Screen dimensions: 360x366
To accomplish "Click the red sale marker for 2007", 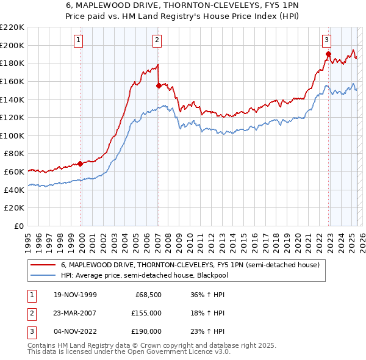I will click(x=159, y=86).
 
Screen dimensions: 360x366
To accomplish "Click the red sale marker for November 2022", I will click(x=328, y=54).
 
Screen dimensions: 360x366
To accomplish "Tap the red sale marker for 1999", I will click(x=81, y=164).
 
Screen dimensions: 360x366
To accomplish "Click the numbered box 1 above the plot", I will click(x=79, y=40).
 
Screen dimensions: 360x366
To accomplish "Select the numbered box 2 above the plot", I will click(x=157, y=40).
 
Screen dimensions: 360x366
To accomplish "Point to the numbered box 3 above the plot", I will click(x=327, y=40).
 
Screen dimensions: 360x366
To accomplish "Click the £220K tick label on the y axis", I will click(x=12, y=27).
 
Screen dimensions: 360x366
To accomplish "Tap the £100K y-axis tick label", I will click(x=12, y=135).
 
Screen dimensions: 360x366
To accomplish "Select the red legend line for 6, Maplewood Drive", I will click(x=43, y=265).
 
